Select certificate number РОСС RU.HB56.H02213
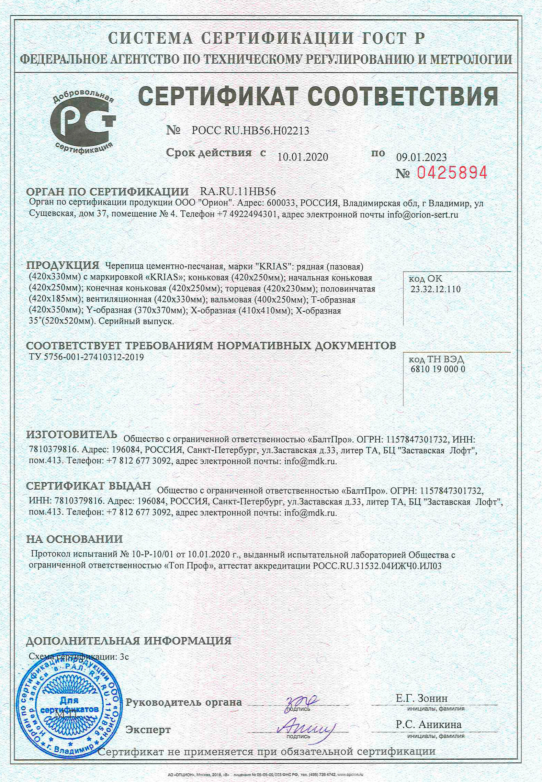pyautogui.click(x=250, y=131)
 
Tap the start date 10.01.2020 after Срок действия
pyautogui.click(x=303, y=157)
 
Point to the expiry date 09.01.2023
pyautogui.click(x=421, y=157)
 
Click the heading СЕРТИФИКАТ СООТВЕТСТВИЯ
pyautogui.click(x=318, y=96)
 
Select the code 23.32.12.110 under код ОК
pyautogui.click(x=436, y=289)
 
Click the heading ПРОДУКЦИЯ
pyautogui.click(x=63, y=265)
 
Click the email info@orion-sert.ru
pyautogui.click(x=423, y=215)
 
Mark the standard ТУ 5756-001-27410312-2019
pyautogui.click(x=87, y=357)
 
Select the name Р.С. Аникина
pyautogui.click(x=428, y=725)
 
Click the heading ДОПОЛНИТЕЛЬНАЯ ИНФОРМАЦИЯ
pyautogui.click(x=129, y=641)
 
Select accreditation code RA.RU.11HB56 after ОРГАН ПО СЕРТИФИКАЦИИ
pyautogui.click(x=238, y=191)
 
